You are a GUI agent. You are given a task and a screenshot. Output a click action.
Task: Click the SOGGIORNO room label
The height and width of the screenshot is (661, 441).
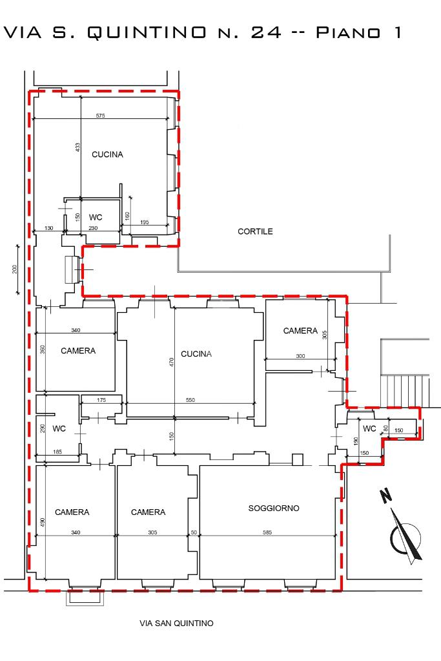[274, 508]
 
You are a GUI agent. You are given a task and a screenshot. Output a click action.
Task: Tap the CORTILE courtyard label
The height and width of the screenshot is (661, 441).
[255, 231]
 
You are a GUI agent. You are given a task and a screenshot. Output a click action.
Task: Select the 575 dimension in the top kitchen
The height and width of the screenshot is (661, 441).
[100, 116]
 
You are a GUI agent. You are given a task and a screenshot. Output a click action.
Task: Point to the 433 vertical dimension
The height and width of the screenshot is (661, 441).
[77, 147]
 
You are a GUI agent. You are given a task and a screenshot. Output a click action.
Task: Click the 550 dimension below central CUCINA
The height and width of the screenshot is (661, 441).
[190, 400]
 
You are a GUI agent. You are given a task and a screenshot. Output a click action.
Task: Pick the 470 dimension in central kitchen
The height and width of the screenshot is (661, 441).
[171, 362]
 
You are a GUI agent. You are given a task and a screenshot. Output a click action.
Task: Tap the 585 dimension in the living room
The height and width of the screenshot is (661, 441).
[267, 532]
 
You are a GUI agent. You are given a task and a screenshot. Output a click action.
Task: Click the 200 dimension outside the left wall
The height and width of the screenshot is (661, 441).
[15, 269]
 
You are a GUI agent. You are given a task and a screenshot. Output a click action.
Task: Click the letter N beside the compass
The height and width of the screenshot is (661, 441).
[385, 496]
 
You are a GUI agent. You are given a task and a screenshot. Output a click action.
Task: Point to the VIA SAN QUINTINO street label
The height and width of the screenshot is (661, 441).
[176, 623]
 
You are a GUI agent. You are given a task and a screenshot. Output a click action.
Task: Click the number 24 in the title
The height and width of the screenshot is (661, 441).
[266, 33]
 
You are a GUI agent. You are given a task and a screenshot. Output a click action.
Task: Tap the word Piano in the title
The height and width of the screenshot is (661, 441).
[348, 33]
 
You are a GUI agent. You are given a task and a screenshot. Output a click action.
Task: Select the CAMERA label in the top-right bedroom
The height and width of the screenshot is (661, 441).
[300, 331]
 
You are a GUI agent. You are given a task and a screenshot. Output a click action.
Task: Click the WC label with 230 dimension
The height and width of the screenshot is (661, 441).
[96, 218]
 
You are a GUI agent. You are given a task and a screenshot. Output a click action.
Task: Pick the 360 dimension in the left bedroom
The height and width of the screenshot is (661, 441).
[43, 350]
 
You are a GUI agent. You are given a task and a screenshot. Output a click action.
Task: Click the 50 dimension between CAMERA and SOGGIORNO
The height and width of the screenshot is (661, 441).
[194, 532]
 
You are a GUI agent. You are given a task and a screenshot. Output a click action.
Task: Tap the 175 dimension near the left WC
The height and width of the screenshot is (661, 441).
[101, 400]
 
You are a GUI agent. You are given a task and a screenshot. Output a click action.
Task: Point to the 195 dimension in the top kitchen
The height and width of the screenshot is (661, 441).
[145, 222]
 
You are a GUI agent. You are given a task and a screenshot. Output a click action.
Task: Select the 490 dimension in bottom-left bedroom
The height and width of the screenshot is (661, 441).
[43, 522]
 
